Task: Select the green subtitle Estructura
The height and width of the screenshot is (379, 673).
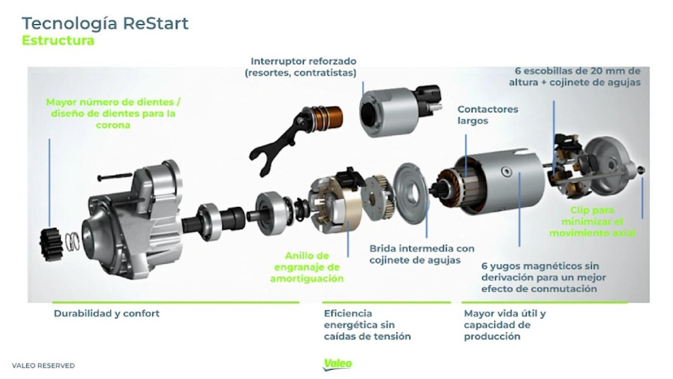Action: [58, 41]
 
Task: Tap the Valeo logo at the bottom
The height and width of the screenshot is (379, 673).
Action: [338, 364]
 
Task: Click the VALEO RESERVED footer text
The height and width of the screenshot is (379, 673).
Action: [43, 366]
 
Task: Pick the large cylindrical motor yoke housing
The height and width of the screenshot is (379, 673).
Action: [505, 181]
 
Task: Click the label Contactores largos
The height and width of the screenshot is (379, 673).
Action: [487, 115]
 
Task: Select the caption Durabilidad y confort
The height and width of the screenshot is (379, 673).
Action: [106, 313]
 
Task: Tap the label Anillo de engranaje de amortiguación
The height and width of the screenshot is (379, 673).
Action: [307, 267]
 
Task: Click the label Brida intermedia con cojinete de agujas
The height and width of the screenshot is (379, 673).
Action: [421, 254]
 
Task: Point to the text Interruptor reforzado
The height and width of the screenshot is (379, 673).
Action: [303, 61]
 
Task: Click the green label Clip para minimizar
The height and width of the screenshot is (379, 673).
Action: [592, 222]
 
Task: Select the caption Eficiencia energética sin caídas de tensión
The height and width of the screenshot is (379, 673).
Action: [367, 325]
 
